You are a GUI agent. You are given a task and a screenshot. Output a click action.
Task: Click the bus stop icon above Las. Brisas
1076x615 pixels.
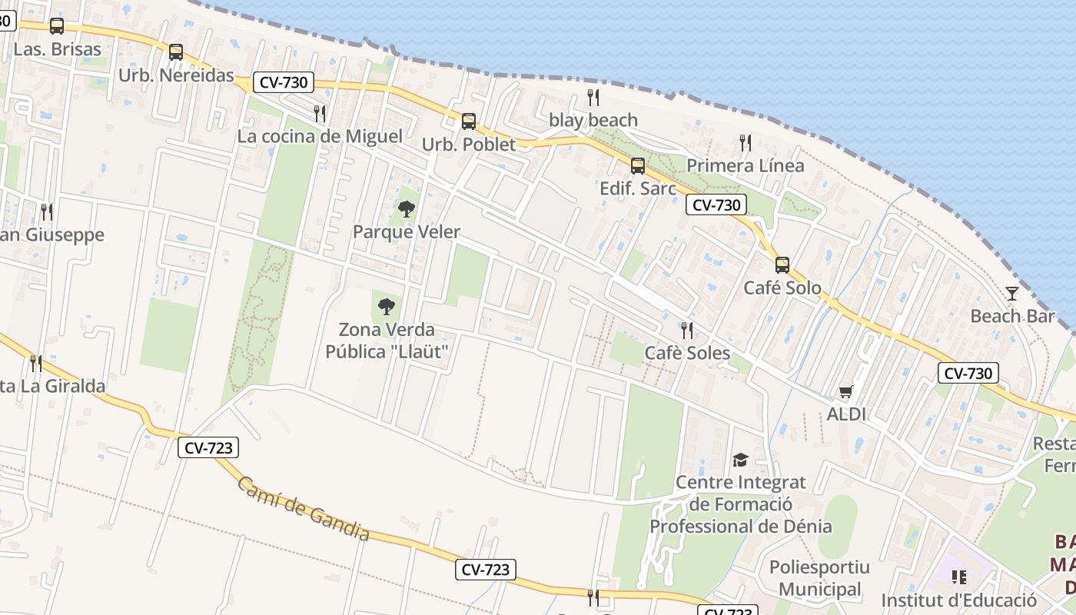coord(57,26)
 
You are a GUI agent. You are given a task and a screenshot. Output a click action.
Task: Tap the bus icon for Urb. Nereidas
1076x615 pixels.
coord(176,52)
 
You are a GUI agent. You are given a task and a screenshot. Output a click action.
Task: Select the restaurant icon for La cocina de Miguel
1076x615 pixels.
coord(320,114)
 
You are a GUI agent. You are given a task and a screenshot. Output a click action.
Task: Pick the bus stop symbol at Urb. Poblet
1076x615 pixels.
coord(469,121)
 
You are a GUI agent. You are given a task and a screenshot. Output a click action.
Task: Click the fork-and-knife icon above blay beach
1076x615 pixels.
coord(593,98)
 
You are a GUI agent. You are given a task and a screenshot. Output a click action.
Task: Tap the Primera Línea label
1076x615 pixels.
coord(745,166)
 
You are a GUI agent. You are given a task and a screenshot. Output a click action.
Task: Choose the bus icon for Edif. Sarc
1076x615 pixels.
coord(638,166)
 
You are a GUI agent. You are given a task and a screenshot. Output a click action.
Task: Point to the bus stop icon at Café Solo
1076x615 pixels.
coord(782,265)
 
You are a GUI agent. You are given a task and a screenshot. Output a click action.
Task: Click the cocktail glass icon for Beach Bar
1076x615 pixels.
coord(1012,293)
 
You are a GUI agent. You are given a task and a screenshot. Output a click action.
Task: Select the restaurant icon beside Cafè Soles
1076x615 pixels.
coord(687,331)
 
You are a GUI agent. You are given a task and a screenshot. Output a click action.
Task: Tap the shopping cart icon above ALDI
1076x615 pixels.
coord(846,392)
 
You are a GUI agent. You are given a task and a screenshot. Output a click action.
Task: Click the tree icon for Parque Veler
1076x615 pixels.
coord(407,209)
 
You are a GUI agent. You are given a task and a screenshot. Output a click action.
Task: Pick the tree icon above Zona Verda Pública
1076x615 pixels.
coord(387,307)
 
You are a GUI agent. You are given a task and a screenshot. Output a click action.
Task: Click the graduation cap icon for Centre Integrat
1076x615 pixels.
coord(740,460)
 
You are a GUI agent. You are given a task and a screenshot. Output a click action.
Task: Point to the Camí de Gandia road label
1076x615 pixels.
coord(304,509)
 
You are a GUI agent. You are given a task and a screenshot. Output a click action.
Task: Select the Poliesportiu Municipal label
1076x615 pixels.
coord(819,578)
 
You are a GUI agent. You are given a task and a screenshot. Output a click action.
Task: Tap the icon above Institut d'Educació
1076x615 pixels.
coord(958,577)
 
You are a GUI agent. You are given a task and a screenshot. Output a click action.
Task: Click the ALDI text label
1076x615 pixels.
coord(846,414)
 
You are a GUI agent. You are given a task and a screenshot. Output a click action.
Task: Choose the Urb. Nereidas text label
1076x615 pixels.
coord(176,75)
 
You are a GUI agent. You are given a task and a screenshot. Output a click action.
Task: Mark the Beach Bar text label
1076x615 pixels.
coord(1007,316)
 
